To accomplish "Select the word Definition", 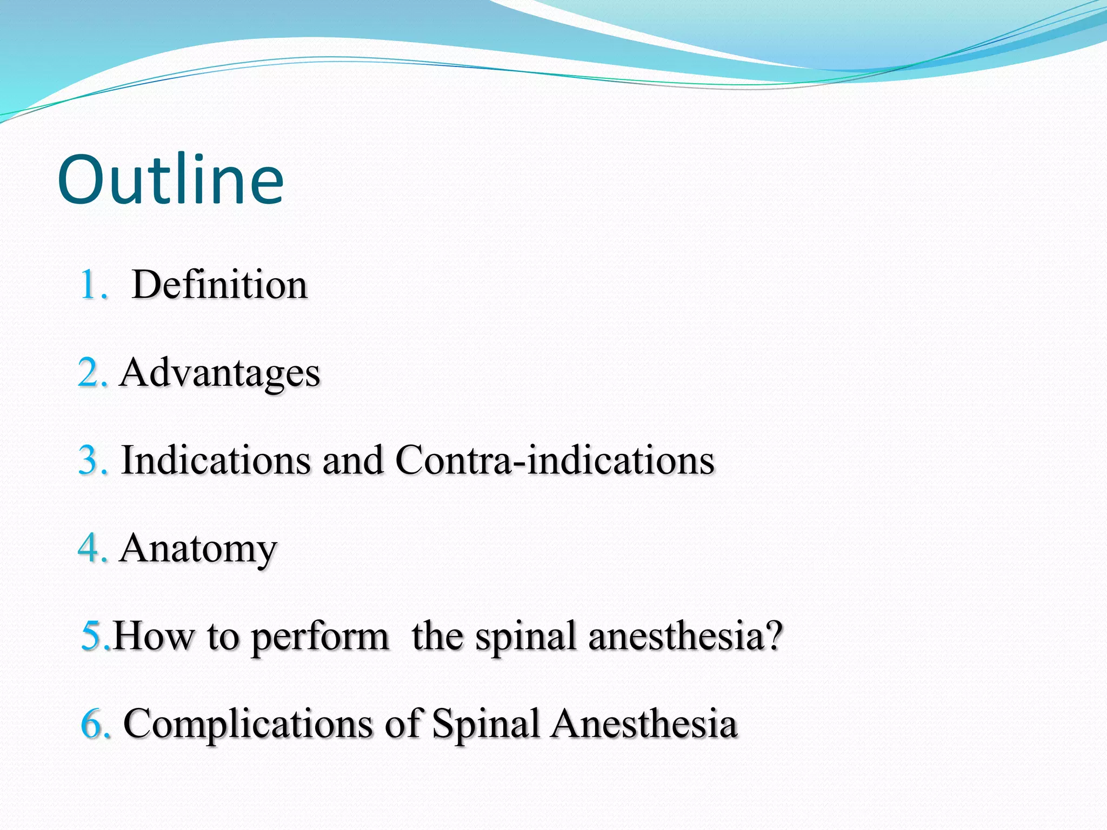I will [x=219, y=284].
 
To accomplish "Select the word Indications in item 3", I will [x=216, y=460].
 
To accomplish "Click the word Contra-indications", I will [x=555, y=460].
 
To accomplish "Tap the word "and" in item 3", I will [x=352, y=460].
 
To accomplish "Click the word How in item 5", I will [x=154, y=636].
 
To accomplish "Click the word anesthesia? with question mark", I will [x=685, y=636].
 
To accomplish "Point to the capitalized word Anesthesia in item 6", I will [x=644, y=724].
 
